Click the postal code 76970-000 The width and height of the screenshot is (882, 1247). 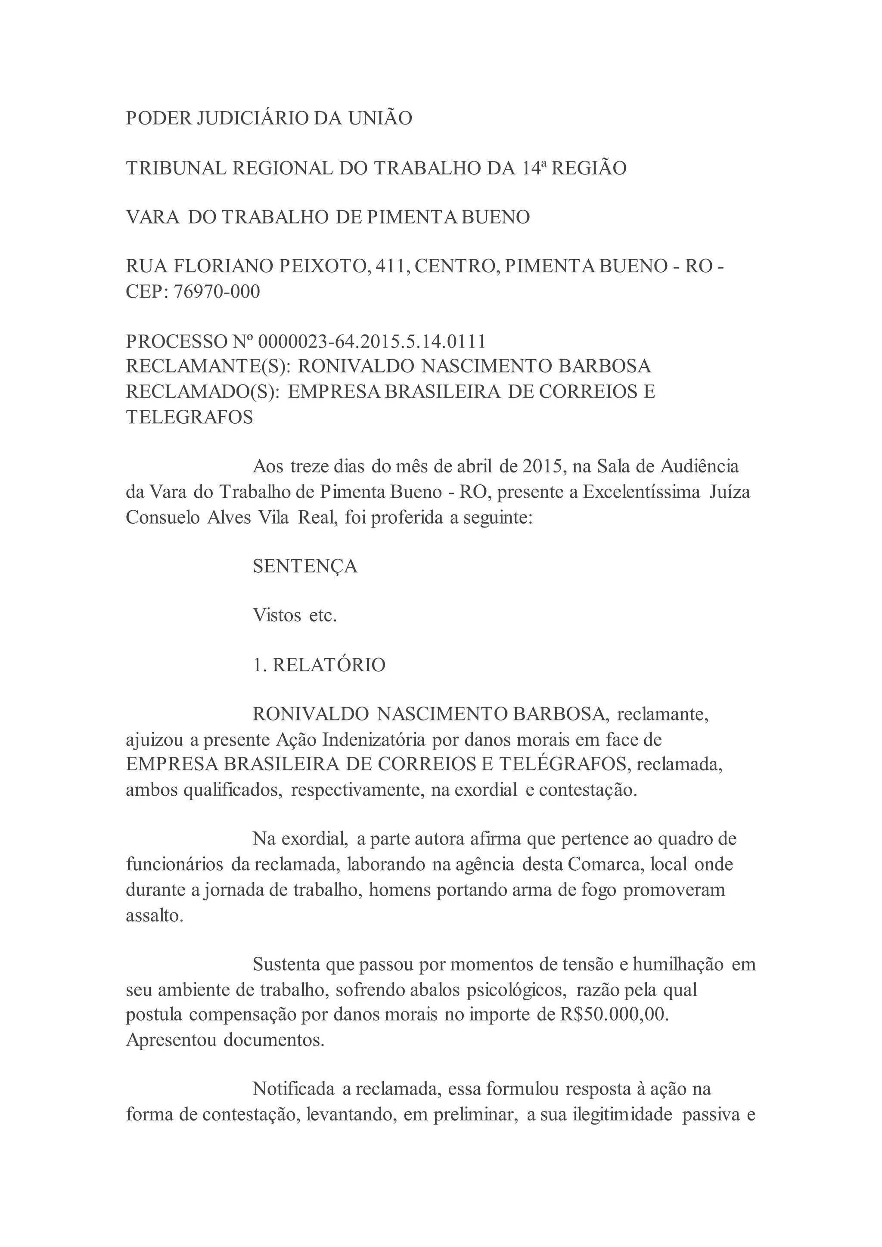tap(217, 292)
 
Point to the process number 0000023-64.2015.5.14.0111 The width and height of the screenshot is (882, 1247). tap(372, 341)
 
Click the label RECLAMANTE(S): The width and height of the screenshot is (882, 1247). tap(208, 366)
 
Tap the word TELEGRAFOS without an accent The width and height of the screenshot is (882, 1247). tap(189, 417)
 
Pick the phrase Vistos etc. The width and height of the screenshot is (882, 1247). tap(295, 616)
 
